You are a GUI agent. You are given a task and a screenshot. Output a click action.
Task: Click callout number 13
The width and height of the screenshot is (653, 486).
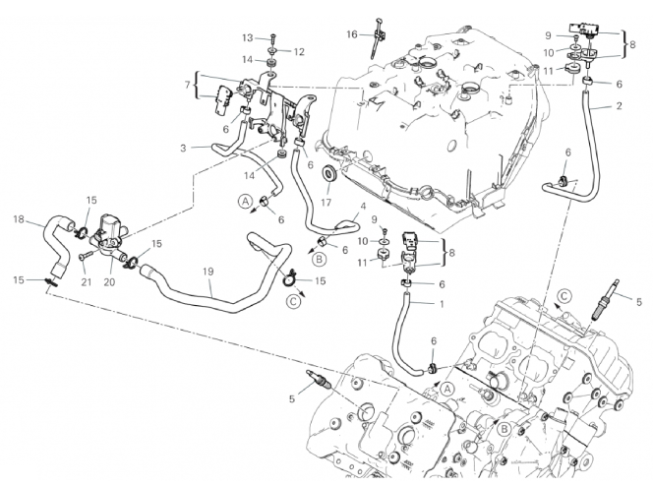(x=249, y=37)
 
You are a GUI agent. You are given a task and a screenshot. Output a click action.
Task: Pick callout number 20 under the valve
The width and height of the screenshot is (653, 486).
(x=109, y=282)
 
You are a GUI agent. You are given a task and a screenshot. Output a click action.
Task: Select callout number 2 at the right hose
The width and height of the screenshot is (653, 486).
(x=619, y=104)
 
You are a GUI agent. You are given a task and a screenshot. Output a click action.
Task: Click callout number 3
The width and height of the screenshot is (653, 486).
(x=183, y=147)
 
